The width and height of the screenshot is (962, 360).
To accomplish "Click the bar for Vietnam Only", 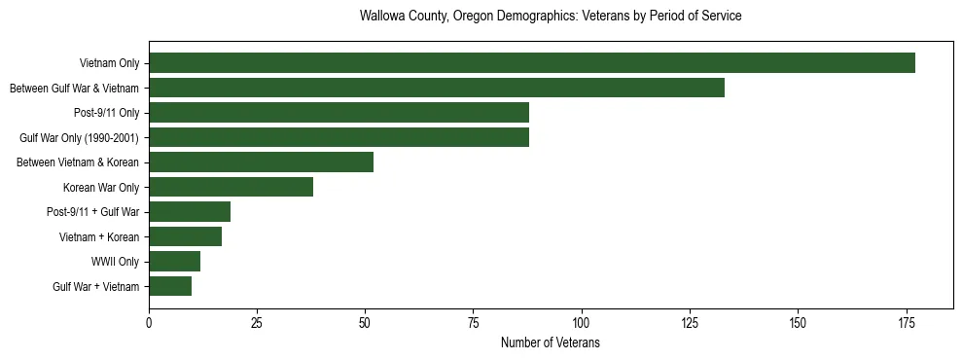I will pos(532,63).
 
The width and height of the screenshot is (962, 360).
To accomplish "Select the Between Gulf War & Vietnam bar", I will pos(437,89).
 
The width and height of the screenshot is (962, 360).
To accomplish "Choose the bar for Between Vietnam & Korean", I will pos(261,162).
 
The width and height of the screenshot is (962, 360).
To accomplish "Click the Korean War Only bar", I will pos(231,187).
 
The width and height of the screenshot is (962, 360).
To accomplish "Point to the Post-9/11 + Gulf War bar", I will pos(190,212).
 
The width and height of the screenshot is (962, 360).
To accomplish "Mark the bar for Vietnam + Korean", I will pos(185,236).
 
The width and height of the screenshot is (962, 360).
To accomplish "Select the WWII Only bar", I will pos(174,262).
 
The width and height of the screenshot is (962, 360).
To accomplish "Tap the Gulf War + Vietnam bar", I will pos(170,286).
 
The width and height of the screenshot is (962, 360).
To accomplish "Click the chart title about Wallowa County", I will pos(551,17).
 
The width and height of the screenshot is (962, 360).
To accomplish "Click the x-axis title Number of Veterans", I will pos(551,343).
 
